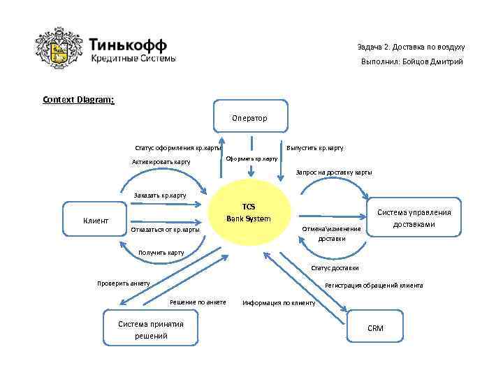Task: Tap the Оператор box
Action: pos(249,118)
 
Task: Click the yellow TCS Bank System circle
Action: pos(249,213)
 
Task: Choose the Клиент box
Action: pos(96,221)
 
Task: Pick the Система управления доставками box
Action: pos(414,219)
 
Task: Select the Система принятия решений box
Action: pos(150,330)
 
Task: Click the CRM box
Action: pos(375,328)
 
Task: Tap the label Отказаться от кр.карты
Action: pos(166,229)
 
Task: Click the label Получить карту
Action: pos(161,253)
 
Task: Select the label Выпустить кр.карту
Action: pos(315,148)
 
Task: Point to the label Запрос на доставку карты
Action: pos(334,172)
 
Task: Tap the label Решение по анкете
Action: pos(198,302)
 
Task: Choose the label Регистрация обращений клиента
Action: pos(374,285)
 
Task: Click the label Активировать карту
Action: pos(161,162)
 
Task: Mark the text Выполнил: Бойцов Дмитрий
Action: pos(411,62)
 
